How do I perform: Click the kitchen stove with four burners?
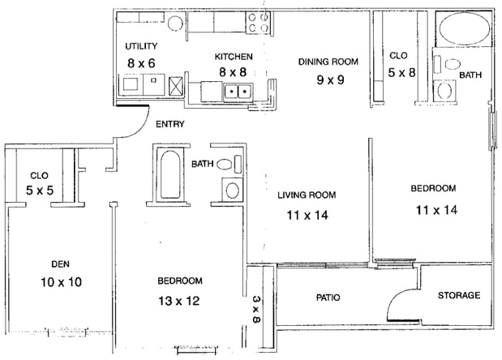click(258, 23)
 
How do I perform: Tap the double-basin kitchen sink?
click(238, 92)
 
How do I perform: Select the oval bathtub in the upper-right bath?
click(464, 28)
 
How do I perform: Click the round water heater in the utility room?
click(175, 23)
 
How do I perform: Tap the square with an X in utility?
click(176, 85)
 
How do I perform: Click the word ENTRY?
click(170, 124)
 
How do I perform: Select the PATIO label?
click(328, 298)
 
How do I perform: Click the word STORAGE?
click(459, 295)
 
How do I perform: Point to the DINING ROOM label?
click(328, 62)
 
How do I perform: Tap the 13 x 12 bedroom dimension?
click(179, 301)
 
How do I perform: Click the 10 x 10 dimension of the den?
click(61, 282)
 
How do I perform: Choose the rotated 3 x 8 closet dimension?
click(256, 309)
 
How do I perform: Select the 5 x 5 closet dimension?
click(40, 191)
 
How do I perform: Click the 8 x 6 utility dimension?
click(141, 63)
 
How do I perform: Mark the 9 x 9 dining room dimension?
click(330, 79)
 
